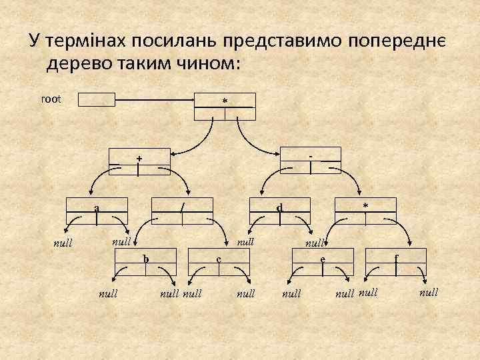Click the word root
pyautogui.click(x=51, y=99)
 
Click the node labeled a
pyautogui.click(x=97, y=211)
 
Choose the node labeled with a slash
pyautogui.click(x=182, y=211)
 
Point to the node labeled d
pyautogui.click(x=280, y=211)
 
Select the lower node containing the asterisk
pyautogui.click(x=365, y=211)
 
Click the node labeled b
pyautogui.click(x=146, y=261)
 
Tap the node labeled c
pyautogui.click(x=219, y=261)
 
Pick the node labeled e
pyautogui.click(x=323, y=261)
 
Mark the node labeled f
pyautogui.click(x=396, y=261)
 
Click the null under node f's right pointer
pyautogui.click(x=429, y=292)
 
